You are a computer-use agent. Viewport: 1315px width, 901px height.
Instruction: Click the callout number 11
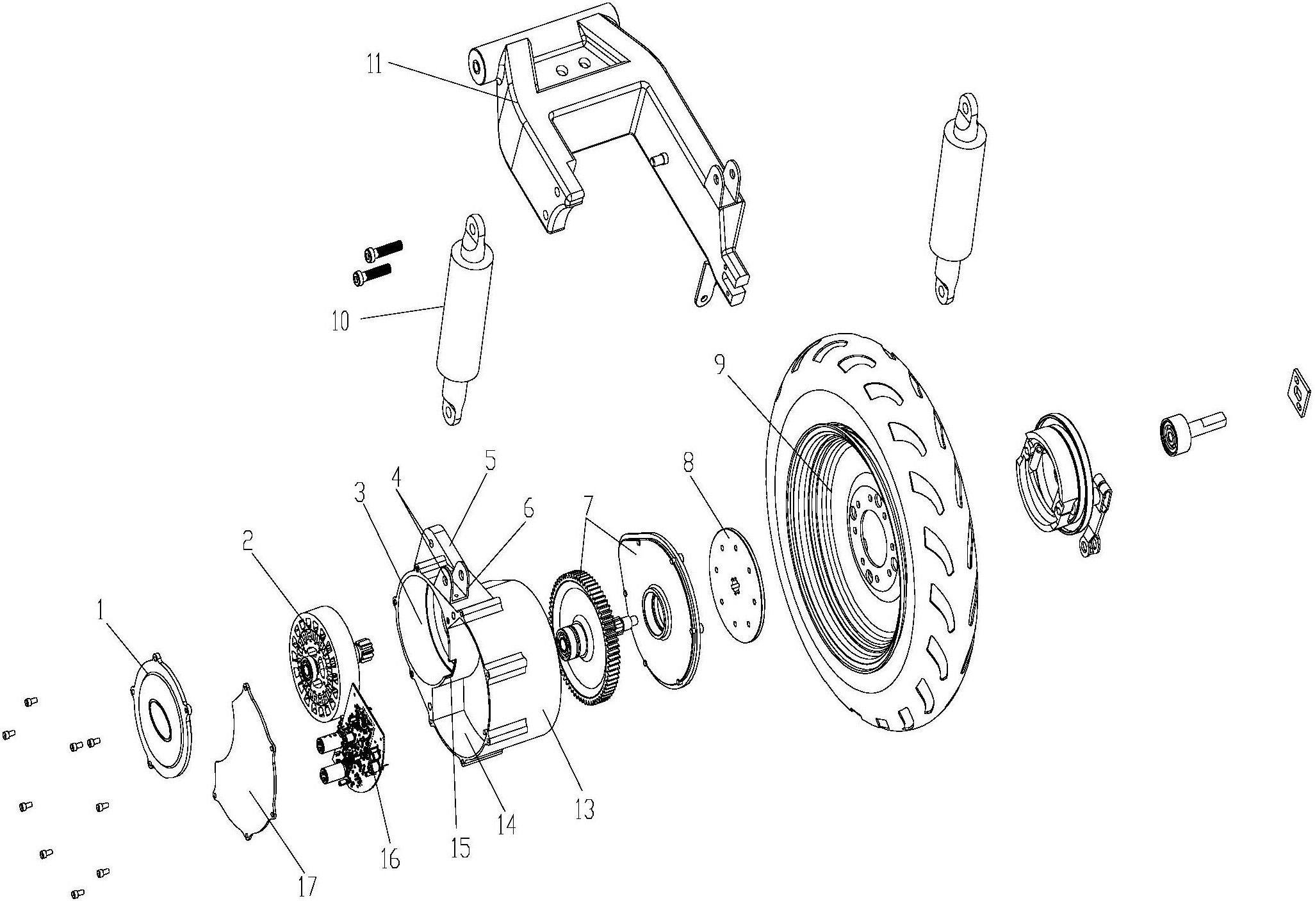375,65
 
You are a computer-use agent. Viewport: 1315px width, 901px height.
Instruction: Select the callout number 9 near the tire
719,366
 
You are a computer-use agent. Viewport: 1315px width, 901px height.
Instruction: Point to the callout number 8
689,464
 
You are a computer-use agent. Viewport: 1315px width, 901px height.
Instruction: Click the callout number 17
307,886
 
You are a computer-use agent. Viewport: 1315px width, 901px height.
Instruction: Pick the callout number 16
390,858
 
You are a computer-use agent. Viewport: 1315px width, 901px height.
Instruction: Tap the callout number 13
585,809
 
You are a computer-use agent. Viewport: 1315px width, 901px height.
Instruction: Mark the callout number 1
101,611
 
